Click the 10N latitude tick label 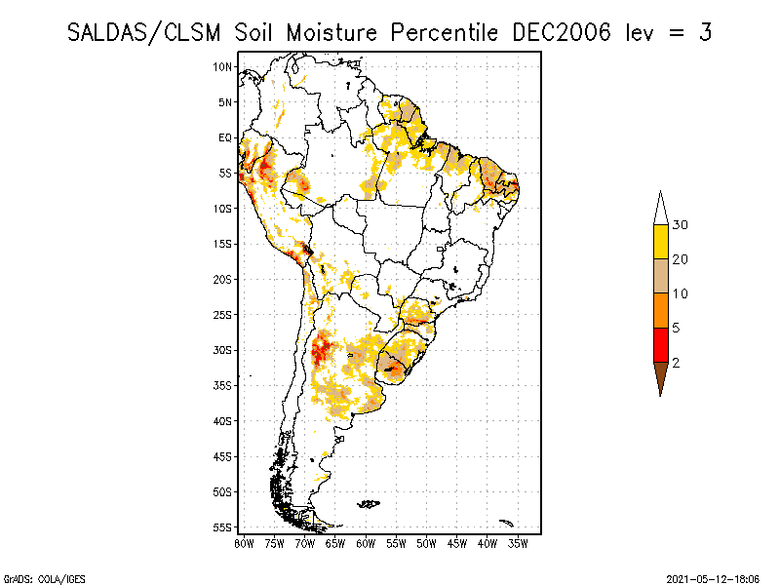(x=223, y=66)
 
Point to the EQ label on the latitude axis (x=225, y=137)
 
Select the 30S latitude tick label (x=223, y=350)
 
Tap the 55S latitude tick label (x=223, y=527)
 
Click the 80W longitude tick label (x=244, y=542)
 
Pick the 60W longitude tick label (x=366, y=542)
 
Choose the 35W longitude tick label (x=518, y=542)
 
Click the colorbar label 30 (x=681, y=225)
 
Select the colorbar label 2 (x=676, y=363)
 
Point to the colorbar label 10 (x=681, y=293)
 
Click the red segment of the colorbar (x=660, y=345)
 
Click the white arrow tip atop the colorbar (x=660, y=208)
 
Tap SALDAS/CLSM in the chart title (x=146, y=32)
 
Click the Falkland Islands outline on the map (x=368, y=504)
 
